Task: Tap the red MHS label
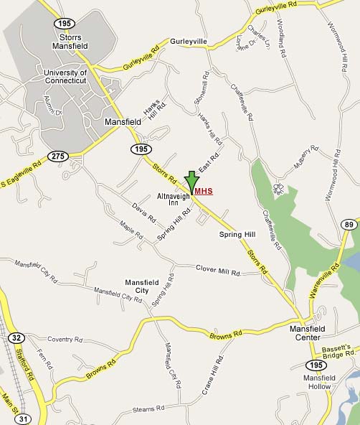204,192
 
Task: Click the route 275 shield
57,156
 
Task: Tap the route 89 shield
349,225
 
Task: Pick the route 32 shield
16,337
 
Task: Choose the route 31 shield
24,419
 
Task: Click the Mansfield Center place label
309,333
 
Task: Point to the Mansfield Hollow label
317,382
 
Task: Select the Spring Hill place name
237,235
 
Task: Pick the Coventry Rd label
65,339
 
